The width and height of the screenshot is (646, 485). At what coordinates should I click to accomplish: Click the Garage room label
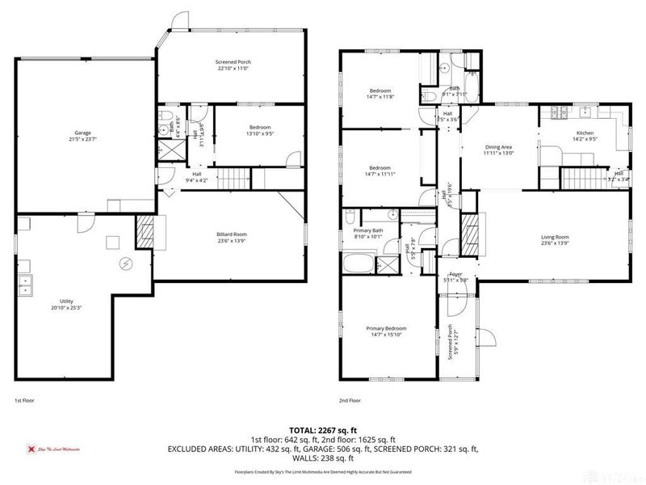[82, 133]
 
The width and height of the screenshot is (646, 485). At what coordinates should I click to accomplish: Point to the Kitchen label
[585, 134]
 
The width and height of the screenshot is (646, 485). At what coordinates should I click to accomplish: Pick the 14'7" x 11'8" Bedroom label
[380, 92]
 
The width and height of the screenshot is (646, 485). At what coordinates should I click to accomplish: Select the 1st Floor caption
[24, 400]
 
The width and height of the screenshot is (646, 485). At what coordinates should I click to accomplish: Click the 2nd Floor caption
[349, 400]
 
